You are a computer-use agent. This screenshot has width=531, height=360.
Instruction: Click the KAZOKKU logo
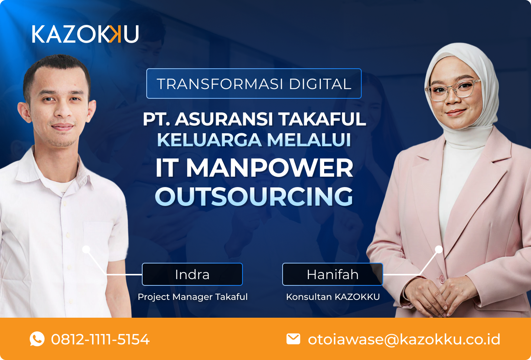pos(85,34)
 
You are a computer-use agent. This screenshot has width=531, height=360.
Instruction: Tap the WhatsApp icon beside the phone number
pos(37,339)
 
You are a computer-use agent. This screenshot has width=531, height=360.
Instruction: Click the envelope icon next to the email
pos(293,338)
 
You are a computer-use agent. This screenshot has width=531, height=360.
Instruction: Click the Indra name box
pos(192,274)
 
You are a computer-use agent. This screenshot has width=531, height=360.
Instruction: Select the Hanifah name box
pos(332,274)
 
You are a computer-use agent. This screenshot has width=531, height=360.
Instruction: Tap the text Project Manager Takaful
pos(192,297)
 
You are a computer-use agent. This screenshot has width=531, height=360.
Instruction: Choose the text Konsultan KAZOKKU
pos(333,297)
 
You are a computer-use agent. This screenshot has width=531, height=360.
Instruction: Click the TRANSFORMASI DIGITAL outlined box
pos(254,84)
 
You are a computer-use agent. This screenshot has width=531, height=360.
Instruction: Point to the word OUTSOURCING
pos(254,196)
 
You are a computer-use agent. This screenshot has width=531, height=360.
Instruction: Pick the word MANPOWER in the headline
pos(270,168)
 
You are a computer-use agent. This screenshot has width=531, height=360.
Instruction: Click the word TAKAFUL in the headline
pos(322,119)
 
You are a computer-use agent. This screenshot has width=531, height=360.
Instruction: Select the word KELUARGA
pos(209,140)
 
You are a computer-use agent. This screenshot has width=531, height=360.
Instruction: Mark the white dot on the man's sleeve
pos(86,249)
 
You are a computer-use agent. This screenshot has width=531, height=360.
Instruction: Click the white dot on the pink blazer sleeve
pos(439,249)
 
